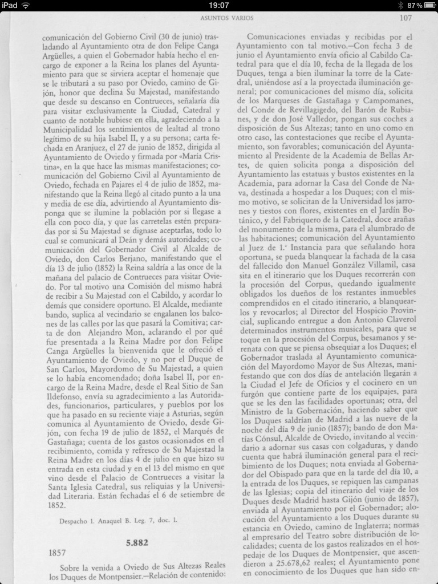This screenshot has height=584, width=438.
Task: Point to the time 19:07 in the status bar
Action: coord(219,5)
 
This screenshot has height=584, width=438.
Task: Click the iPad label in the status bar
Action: coord(10,5)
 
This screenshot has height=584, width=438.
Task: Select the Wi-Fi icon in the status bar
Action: coord(26,5)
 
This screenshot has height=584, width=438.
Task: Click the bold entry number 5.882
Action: coord(137,542)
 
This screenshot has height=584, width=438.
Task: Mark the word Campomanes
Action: coord(386,101)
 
